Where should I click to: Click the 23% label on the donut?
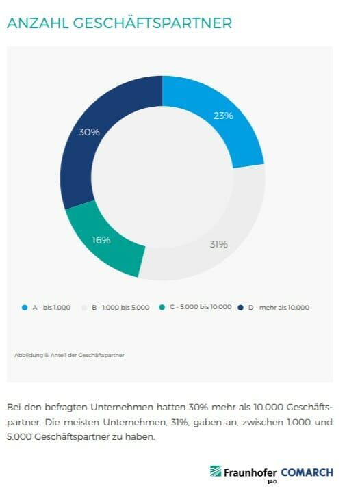(223, 116)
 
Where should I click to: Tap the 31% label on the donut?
(218, 244)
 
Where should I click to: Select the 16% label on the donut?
(101, 239)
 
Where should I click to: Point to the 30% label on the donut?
(89, 132)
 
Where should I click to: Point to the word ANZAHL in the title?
(38, 23)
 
